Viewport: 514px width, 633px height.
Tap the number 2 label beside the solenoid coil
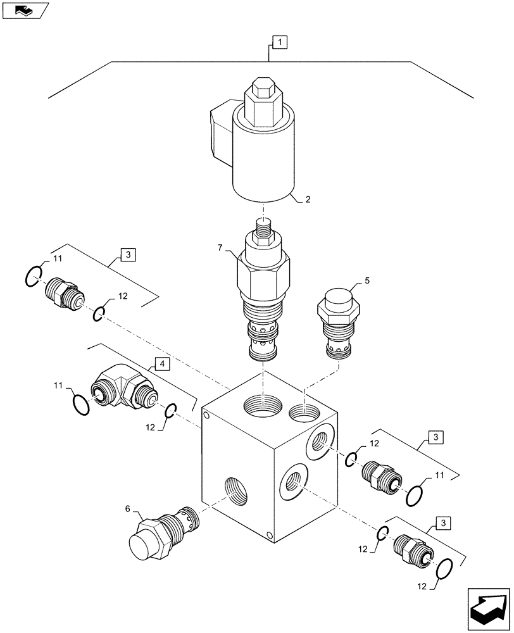click(x=308, y=199)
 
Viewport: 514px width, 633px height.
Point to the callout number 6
click(x=128, y=508)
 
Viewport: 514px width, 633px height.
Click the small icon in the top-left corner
click(x=25, y=9)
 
